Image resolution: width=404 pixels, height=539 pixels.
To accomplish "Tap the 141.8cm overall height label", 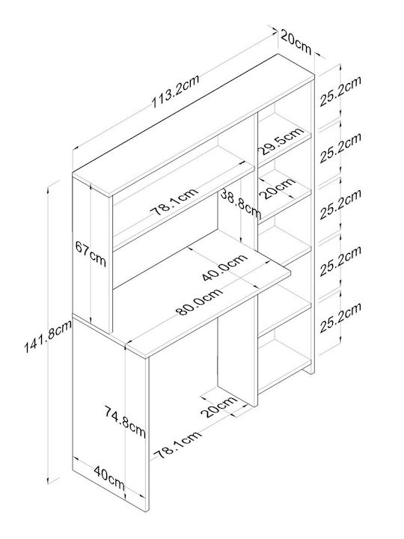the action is [x=47, y=336].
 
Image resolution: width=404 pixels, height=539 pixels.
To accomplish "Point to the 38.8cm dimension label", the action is [x=240, y=203].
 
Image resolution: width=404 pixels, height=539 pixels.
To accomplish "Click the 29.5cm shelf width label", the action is [x=281, y=141].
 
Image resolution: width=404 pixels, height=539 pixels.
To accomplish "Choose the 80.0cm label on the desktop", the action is [x=199, y=302].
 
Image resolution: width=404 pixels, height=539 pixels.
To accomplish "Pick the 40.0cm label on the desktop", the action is [x=224, y=267].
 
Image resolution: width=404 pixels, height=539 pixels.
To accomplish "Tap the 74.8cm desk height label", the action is [x=125, y=421].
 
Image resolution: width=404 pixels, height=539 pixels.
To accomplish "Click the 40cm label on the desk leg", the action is [x=109, y=478].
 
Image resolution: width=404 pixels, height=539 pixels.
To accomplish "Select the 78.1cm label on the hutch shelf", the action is [x=175, y=201].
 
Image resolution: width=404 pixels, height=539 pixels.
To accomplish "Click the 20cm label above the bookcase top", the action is [x=296, y=41].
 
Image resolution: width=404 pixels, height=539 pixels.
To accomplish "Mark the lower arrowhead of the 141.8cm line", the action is [x=49, y=481].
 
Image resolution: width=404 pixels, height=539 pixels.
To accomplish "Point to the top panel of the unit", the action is [x=193, y=126].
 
